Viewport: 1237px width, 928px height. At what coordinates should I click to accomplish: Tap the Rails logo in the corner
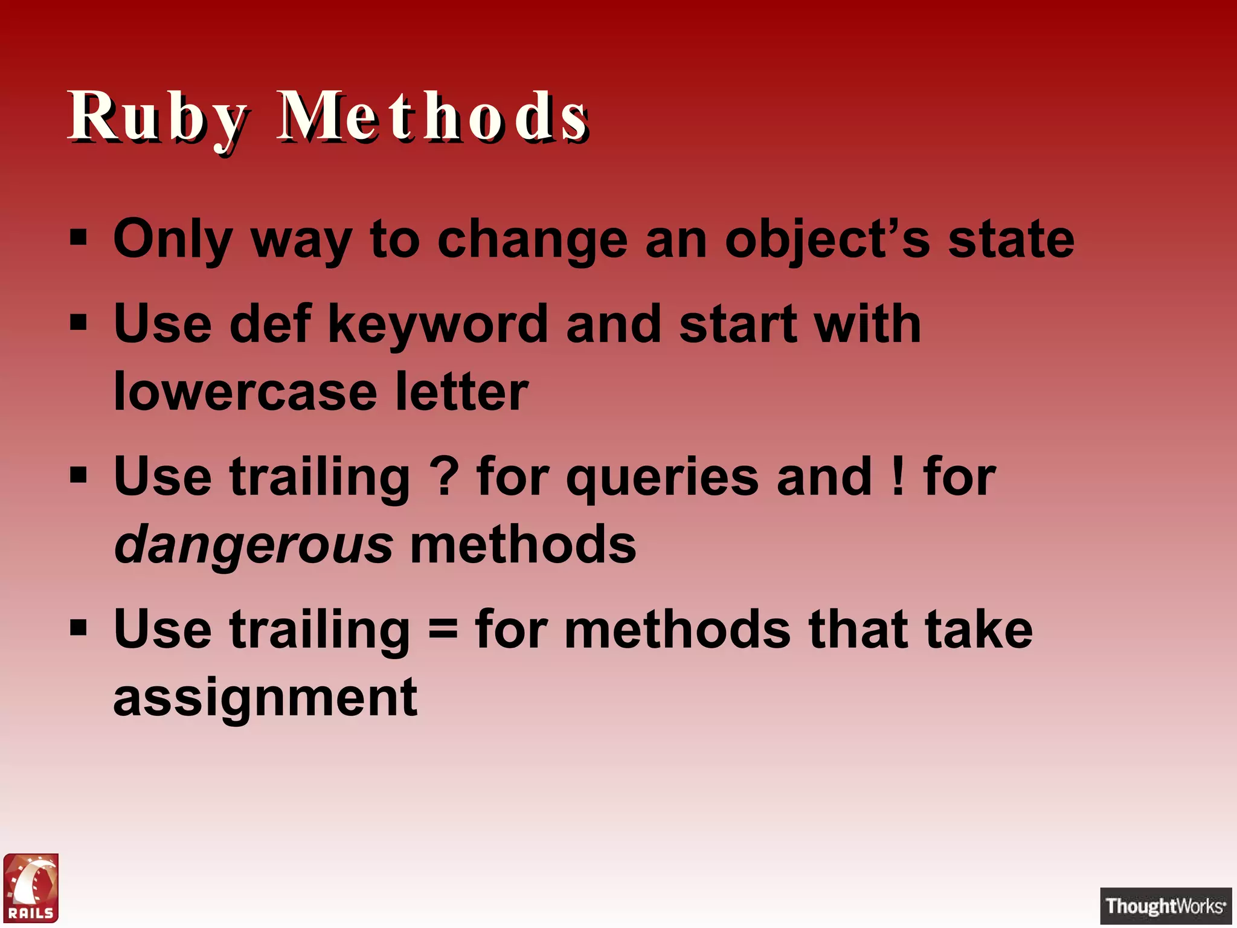click(x=31, y=888)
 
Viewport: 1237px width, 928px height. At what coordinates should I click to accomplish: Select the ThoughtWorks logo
click(x=1165, y=906)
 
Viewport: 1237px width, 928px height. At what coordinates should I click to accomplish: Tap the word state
click(x=1011, y=240)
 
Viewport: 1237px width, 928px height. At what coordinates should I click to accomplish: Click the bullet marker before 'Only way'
click(x=79, y=238)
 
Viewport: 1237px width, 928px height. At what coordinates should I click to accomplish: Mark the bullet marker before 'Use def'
click(x=79, y=323)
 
